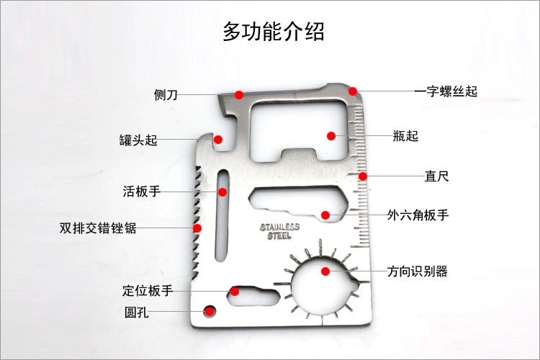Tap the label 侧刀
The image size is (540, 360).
pos(166,94)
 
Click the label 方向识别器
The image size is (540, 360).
pos(417,271)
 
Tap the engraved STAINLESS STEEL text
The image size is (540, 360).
pos(279,231)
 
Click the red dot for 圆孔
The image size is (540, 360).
pos(210,311)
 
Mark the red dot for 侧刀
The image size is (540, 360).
pos(238,94)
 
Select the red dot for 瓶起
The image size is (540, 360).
pos(331,135)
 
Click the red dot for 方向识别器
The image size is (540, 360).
pos(325,271)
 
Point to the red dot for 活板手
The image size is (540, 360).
pos(222,192)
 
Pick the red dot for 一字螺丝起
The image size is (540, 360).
pos(353,91)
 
